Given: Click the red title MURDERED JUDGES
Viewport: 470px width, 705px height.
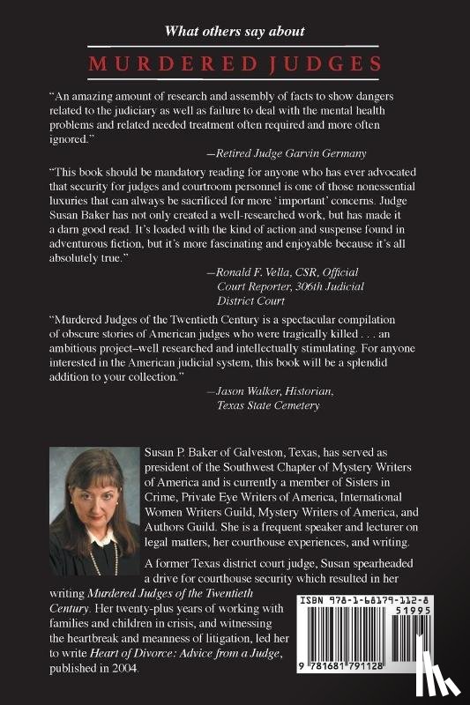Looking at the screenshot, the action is click(235, 63).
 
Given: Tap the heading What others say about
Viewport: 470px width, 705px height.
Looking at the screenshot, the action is click(235, 32).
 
